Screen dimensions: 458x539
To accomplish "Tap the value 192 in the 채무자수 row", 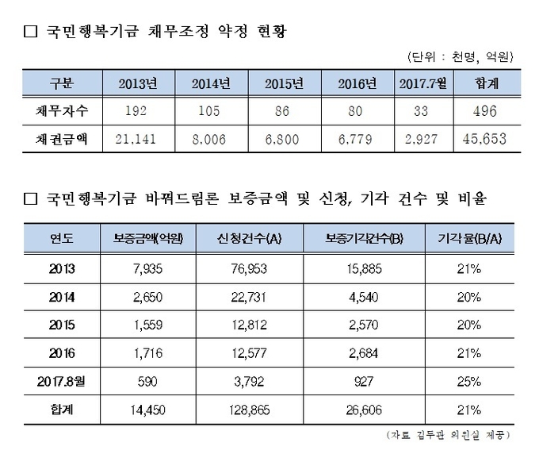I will (140, 112).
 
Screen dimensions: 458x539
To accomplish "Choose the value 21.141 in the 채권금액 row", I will (140, 140).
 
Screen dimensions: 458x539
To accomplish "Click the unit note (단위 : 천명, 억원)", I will (460, 56).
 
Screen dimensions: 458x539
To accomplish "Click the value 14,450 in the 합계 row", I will (143, 410).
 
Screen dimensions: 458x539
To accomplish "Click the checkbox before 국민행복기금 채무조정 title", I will (31, 32).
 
